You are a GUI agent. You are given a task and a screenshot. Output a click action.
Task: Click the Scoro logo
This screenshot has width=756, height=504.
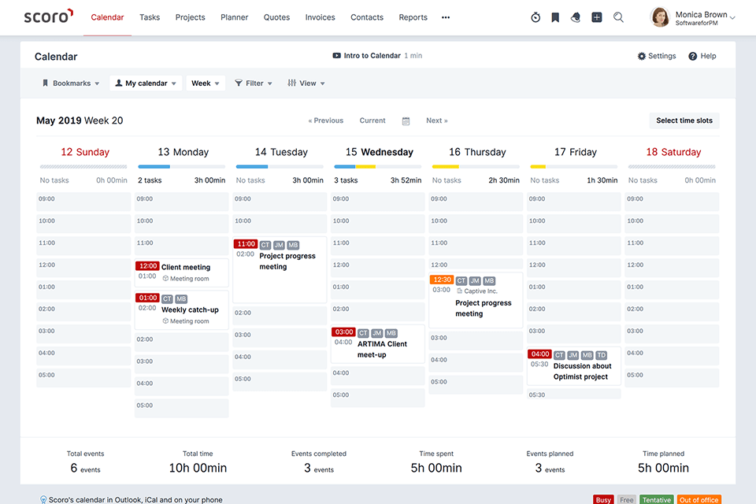(48, 17)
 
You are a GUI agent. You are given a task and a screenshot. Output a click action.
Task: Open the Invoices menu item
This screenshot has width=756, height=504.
(320, 17)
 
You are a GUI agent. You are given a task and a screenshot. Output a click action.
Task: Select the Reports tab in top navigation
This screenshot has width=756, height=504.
(413, 17)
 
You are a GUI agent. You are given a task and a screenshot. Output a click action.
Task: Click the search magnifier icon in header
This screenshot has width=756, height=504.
(618, 17)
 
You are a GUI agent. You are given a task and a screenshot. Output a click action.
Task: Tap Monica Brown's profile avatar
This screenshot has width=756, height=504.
(660, 17)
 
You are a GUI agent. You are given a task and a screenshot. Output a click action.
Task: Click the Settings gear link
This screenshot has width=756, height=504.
(657, 56)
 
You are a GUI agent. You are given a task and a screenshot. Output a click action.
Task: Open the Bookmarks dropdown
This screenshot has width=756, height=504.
(71, 83)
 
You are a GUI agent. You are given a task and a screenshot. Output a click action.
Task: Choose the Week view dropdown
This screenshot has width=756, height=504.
(206, 83)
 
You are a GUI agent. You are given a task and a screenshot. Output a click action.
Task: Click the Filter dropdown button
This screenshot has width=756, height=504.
(254, 83)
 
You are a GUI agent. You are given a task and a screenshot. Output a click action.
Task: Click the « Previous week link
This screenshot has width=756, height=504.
(326, 120)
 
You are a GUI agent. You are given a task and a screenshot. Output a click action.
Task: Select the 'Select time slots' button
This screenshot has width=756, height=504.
(684, 120)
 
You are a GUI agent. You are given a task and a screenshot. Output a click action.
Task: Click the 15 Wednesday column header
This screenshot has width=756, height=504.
(379, 152)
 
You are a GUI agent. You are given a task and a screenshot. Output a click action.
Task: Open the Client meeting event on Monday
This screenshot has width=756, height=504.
(186, 267)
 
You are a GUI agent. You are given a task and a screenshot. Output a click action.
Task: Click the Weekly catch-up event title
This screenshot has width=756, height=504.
(190, 309)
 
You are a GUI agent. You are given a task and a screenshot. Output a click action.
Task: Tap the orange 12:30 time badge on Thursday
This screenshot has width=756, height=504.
(441, 280)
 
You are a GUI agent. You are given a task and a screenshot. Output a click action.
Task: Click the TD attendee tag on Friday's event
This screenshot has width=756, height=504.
(602, 355)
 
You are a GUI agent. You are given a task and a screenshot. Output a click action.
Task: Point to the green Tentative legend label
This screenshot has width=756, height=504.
(656, 499)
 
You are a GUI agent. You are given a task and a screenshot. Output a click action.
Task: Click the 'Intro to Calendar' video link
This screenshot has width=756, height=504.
(372, 56)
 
